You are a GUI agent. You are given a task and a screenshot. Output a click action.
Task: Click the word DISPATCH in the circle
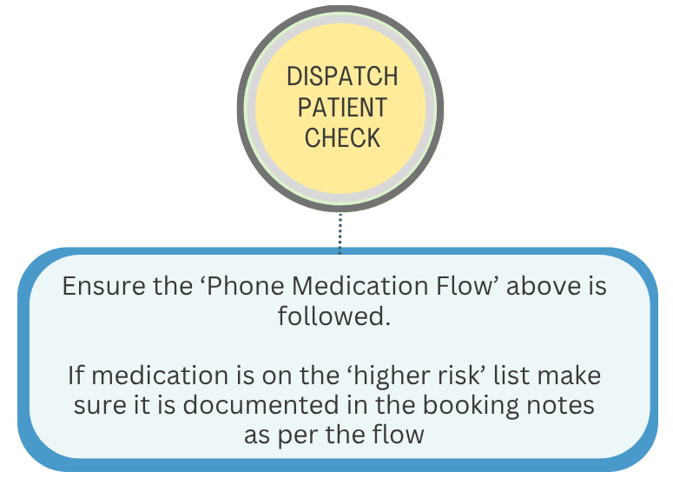pos(342,76)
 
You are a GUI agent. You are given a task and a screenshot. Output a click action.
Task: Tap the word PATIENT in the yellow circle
pos(342,108)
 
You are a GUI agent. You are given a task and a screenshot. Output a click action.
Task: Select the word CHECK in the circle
pos(342,138)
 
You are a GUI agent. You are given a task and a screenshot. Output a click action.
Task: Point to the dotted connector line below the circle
pos(340,233)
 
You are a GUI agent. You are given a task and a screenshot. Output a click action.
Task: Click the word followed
pos(334,316)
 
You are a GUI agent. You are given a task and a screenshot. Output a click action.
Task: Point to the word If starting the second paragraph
pos(76,376)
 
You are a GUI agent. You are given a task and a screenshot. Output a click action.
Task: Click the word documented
pos(261,405)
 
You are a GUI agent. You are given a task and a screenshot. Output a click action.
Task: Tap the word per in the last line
pos(298,436)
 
